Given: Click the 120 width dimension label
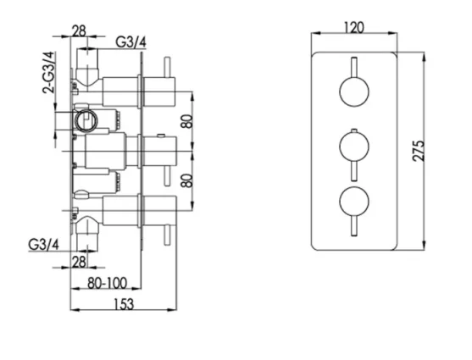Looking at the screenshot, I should [x=354, y=27].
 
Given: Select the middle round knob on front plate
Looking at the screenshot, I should [x=350, y=147].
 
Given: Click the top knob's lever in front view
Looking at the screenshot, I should [x=350, y=67].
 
